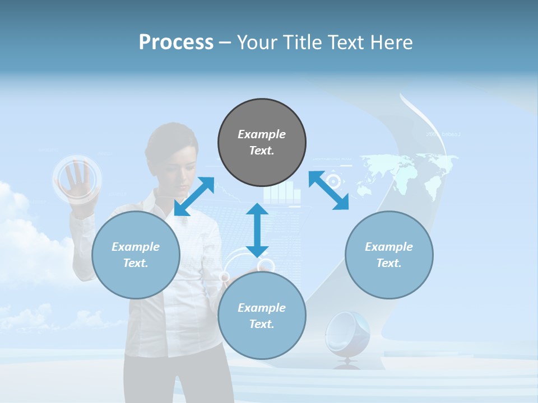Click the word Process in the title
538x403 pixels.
click(x=176, y=43)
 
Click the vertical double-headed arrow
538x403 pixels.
click(x=257, y=230)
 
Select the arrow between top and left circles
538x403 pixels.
click(x=194, y=196)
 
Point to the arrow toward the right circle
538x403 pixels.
click(x=329, y=191)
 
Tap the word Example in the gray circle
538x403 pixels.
click(x=262, y=134)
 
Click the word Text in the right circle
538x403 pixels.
click(x=388, y=263)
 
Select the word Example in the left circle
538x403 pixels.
click(x=136, y=247)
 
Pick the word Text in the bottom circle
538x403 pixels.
click(x=261, y=324)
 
